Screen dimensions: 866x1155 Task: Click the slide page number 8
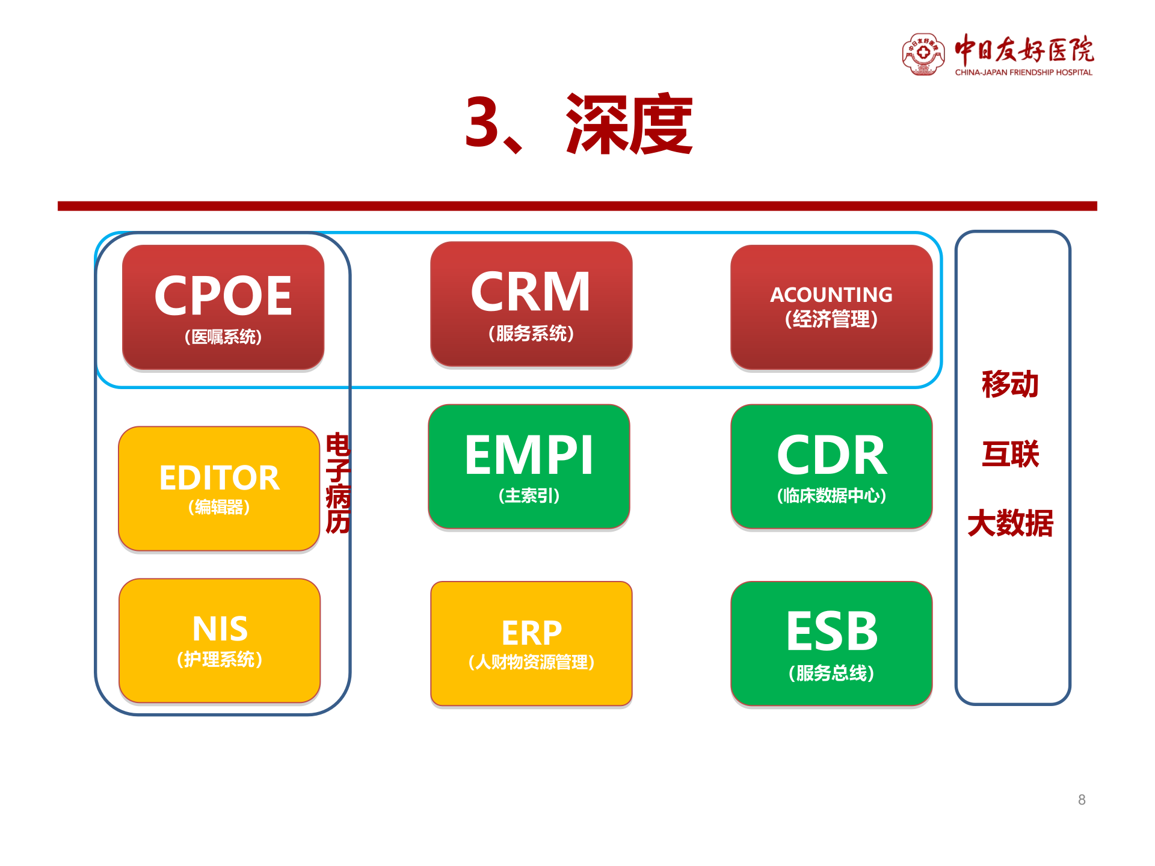(x=1082, y=800)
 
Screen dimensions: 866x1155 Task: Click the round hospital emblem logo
(x=923, y=54)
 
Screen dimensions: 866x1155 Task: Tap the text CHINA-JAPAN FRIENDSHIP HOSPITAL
(x=1023, y=73)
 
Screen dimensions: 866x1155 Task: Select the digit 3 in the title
(x=482, y=123)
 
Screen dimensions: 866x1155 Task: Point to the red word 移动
(x=1011, y=384)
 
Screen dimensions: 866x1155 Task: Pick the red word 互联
(x=1011, y=454)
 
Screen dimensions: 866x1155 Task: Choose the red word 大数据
(x=1011, y=523)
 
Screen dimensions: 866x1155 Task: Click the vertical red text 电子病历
(x=338, y=484)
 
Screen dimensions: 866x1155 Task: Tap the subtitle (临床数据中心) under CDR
(x=831, y=496)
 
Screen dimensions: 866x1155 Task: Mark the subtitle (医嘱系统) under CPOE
(x=223, y=337)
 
